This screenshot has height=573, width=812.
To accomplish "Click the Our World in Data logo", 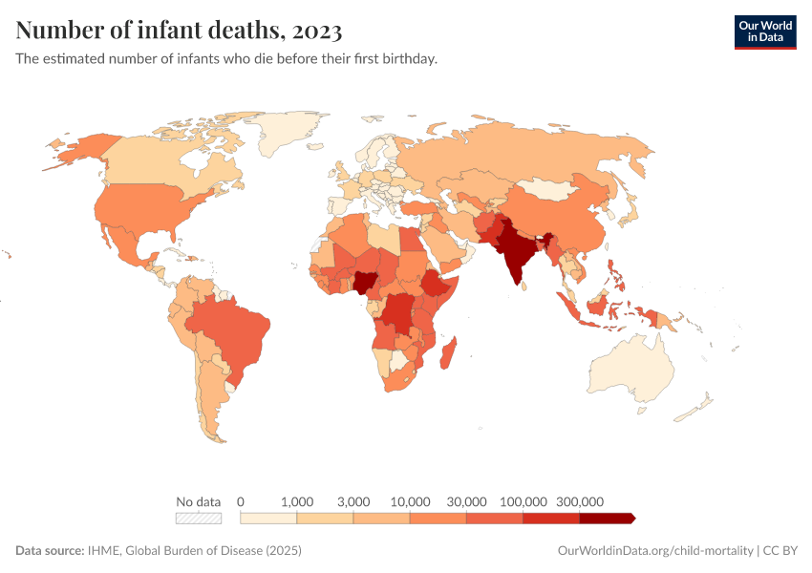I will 764,31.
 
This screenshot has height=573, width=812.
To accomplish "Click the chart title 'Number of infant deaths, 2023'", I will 179,31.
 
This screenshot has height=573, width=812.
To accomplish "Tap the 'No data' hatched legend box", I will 199,519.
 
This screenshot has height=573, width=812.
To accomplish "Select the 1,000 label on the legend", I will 297,501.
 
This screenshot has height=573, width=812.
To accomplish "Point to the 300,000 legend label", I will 580,501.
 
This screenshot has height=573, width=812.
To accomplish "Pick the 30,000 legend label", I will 467,501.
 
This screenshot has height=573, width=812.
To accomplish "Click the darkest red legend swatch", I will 607,519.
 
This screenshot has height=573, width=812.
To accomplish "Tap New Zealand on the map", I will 694,411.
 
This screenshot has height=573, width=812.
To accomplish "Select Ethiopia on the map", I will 438,284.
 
